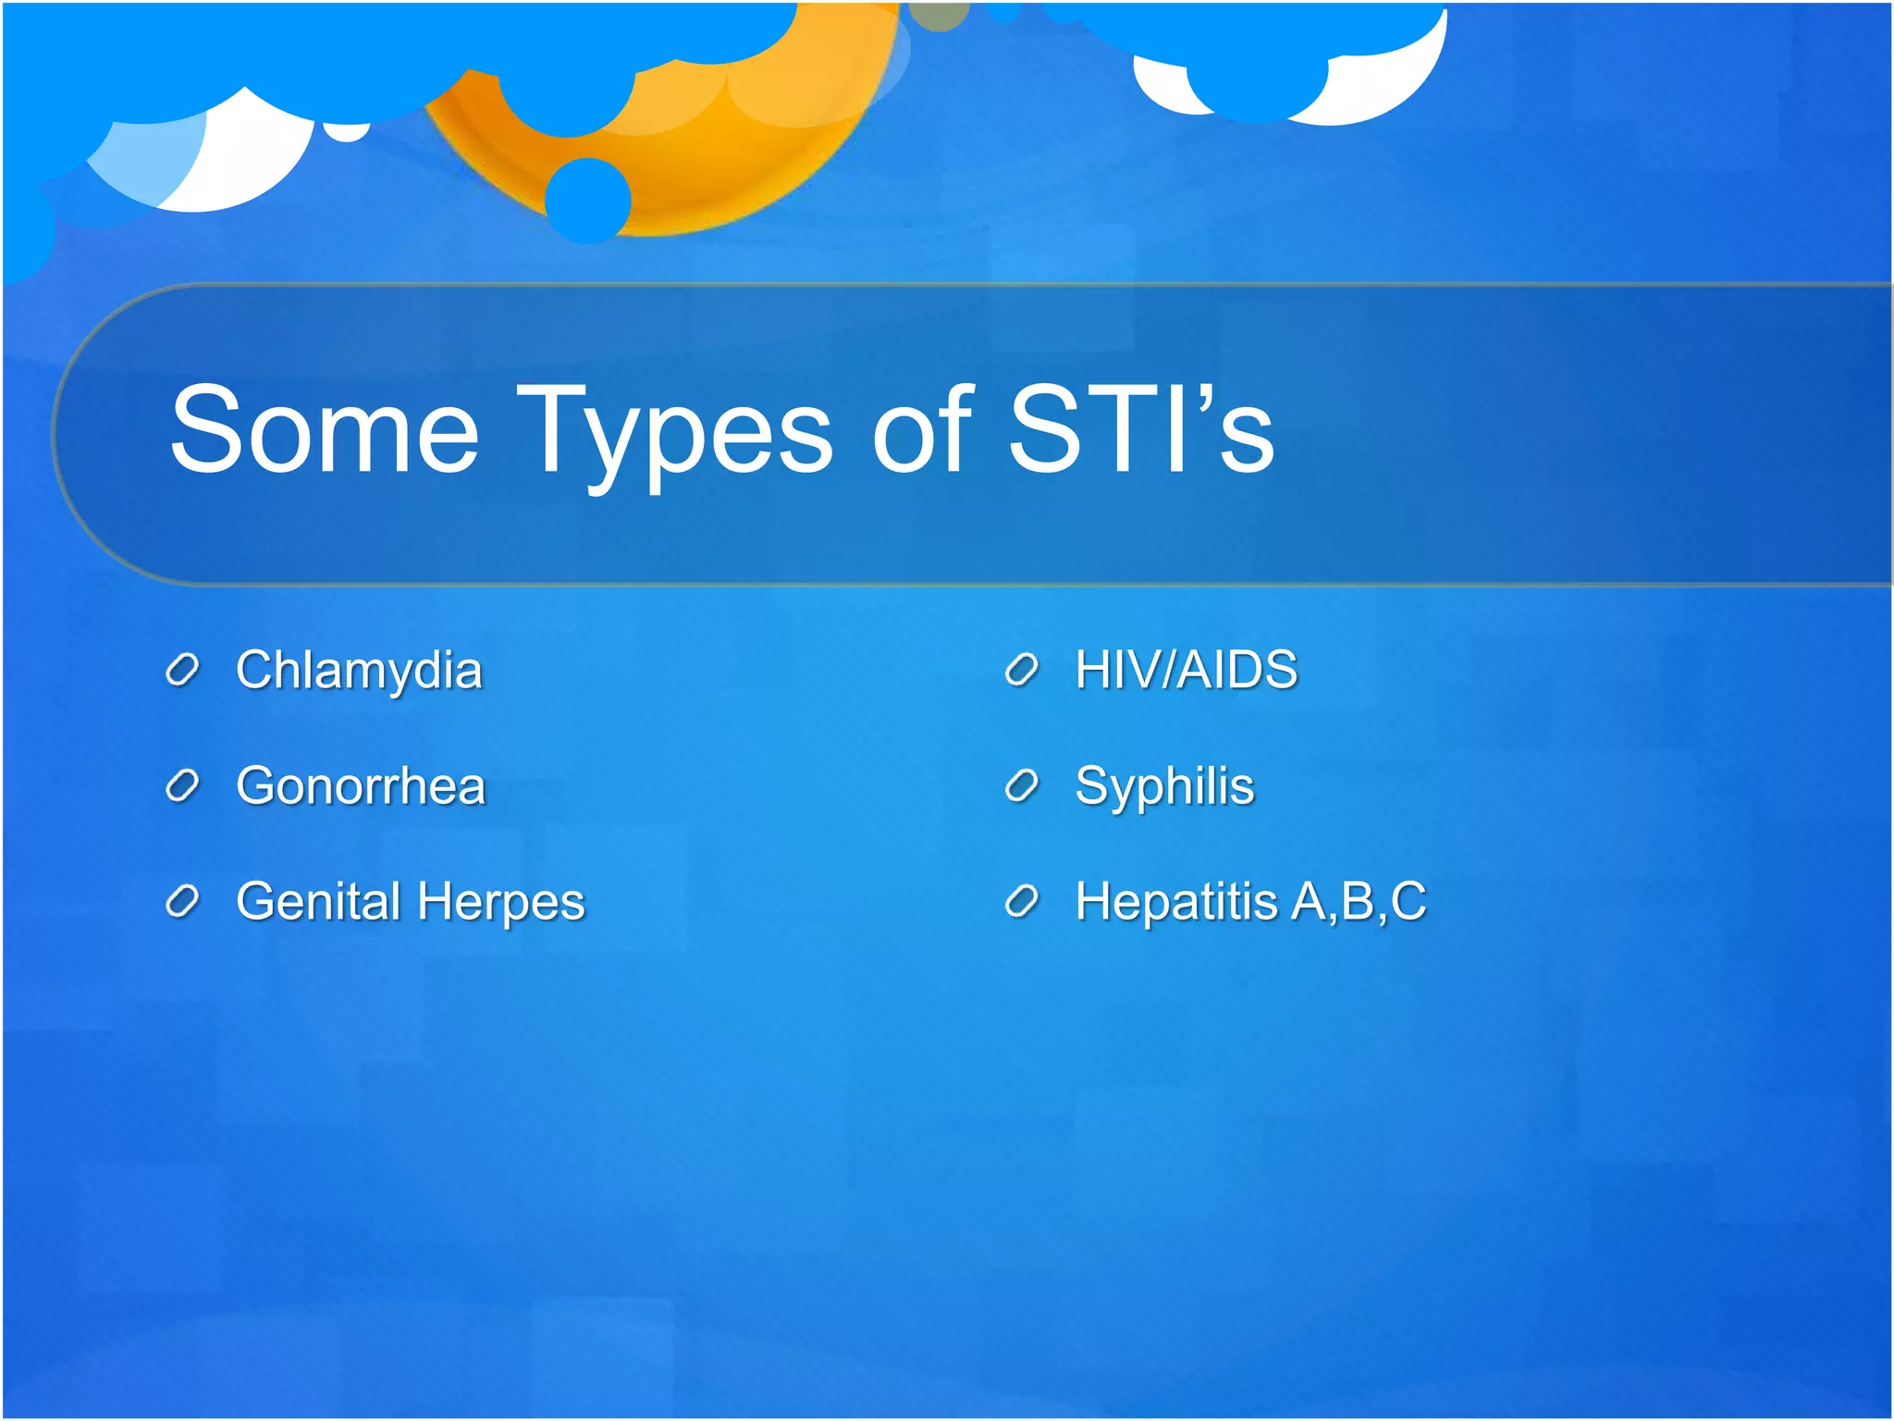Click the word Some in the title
325,430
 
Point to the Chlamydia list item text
359,670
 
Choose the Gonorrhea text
361,786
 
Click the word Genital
317,901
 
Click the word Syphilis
1164,787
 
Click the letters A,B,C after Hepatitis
1359,901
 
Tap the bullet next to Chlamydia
182,671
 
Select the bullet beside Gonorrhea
182,786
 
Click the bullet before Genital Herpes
182,901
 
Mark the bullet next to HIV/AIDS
1022,670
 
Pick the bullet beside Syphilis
1022,786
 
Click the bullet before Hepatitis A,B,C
1022,901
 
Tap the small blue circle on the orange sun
587,200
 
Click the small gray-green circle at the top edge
939,14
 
